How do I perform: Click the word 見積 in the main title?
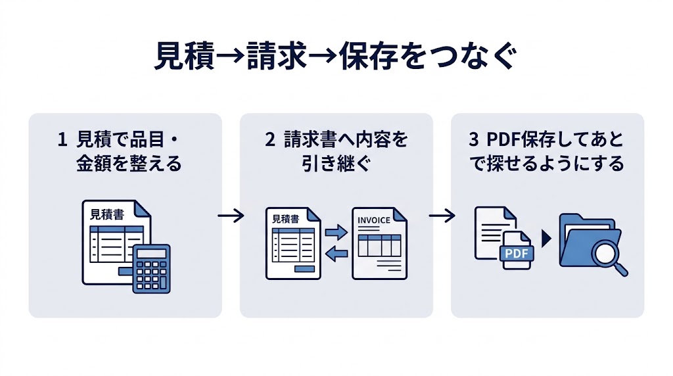coord(183,57)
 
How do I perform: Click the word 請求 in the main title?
coord(277,57)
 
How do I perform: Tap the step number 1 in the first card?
coord(62,140)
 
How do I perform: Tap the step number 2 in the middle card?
coord(269,140)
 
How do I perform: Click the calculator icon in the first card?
coord(151,268)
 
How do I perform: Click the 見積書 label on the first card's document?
coord(107,214)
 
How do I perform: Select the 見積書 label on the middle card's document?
coord(285,220)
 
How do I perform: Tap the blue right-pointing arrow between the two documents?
coord(336,232)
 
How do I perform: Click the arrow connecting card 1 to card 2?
coord(231,216)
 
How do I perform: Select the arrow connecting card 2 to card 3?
coord(442,216)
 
